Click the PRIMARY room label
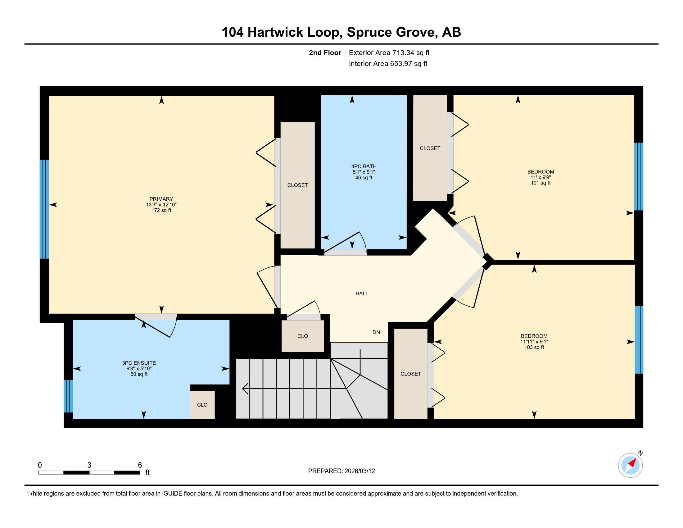(161, 199)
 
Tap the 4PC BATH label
(364, 166)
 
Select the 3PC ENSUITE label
(139, 363)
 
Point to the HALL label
(362, 294)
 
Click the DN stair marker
(376, 332)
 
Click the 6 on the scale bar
(140, 465)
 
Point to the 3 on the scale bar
(89, 465)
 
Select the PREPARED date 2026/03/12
(359, 471)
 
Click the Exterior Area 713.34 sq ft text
(389, 52)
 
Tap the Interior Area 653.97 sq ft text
(388, 63)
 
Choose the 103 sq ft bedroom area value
(534, 347)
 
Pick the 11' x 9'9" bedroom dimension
(541, 177)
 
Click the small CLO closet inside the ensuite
(202, 404)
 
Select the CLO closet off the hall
(302, 336)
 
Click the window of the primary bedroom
(44, 209)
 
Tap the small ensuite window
(68, 396)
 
